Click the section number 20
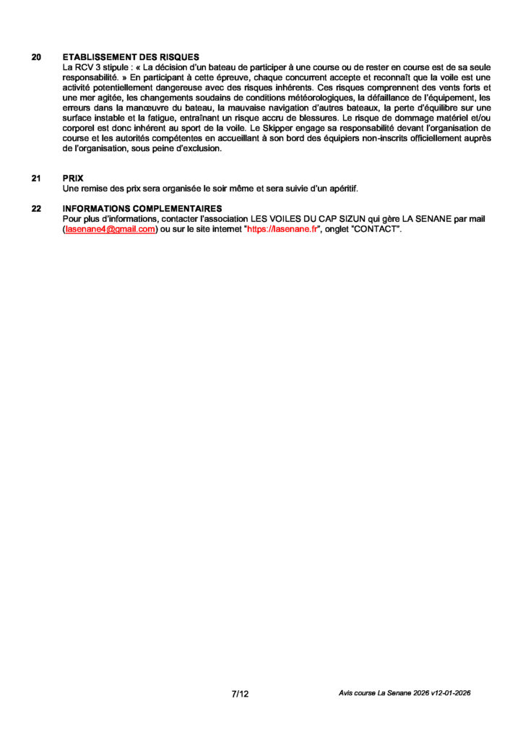(x=36, y=57)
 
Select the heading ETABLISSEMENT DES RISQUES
(x=130, y=57)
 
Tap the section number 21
(x=36, y=178)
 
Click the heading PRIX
(x=73, y=178)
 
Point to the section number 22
(x=36, y=209)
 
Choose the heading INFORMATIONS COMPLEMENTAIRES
(x=142, y=209)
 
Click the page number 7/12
(x=240, y=694)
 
